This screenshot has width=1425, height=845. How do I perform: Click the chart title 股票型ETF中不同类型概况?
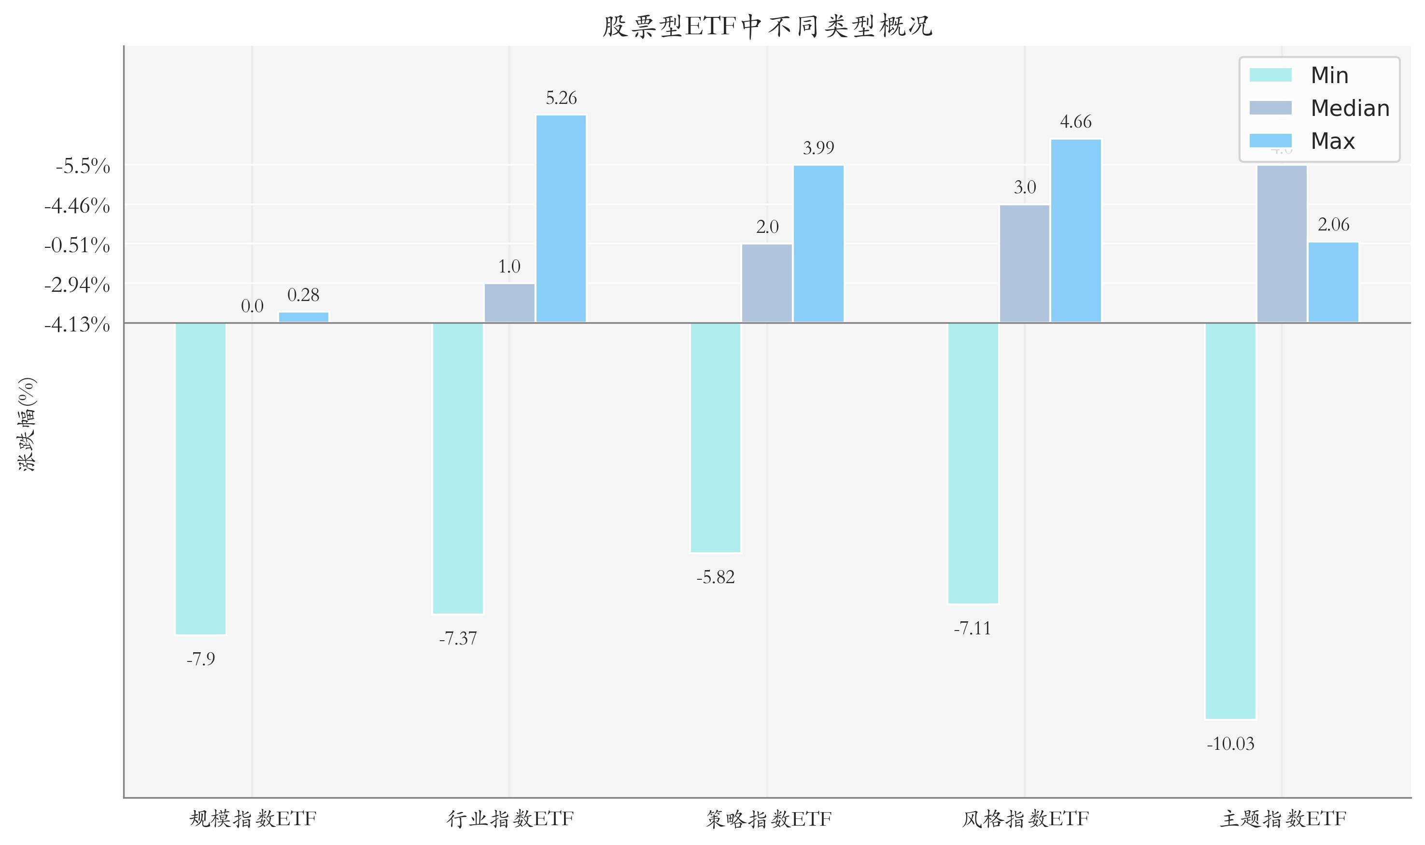coord(767,26)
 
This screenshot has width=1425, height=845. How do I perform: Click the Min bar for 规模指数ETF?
coord(200,478)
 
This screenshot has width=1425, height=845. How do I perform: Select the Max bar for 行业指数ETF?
coord(561,219)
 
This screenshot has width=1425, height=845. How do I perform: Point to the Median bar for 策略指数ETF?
coord(766,283)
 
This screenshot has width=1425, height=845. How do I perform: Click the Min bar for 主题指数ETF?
coord(1230,520)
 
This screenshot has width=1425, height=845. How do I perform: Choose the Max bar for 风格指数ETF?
coord(1075,230)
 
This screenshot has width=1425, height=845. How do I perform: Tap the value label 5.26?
coord(561,99)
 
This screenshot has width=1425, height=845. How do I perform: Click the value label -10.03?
coord(1230,744)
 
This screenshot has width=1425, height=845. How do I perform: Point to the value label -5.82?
coord(715,578)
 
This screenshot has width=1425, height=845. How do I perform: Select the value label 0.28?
coord(303,295)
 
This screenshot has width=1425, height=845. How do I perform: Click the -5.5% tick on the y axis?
coord(83,166)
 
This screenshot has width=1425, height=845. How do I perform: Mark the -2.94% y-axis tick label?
coord(77,284)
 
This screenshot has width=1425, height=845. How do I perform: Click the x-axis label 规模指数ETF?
coord(252,819)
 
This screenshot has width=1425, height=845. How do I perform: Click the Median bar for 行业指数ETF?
coord(509,303)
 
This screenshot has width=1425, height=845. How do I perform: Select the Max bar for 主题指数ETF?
coord(1333,283)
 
